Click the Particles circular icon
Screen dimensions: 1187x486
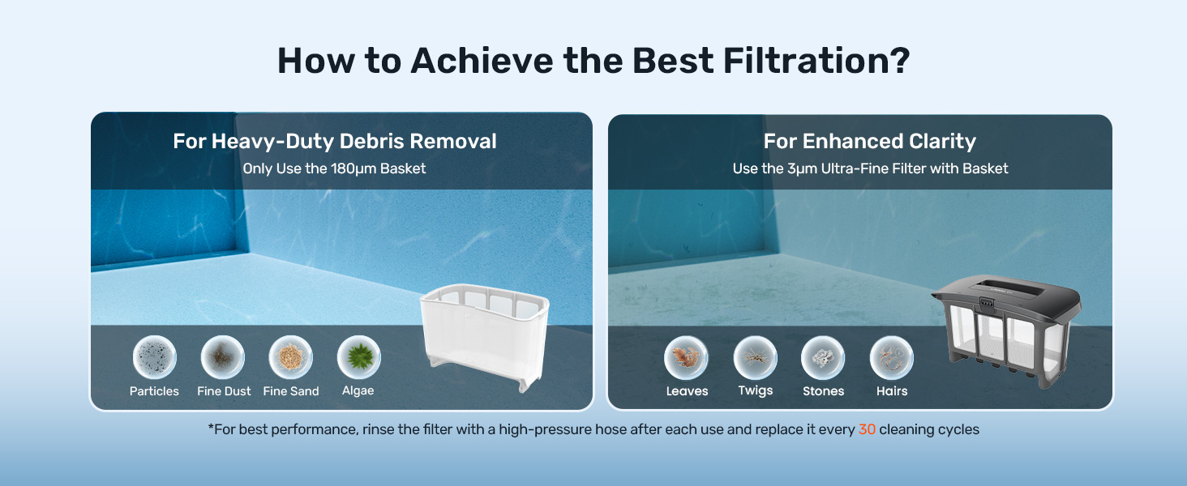pos(154,357)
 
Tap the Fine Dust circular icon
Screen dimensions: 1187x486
pos(222,357)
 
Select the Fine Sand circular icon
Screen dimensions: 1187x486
pos(290,357)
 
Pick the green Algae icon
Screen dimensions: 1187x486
pos(358,357)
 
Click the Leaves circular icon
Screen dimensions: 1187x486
pos(686,357)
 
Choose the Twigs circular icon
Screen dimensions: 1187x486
pos(755,357)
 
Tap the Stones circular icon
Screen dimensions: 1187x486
pos(823,357)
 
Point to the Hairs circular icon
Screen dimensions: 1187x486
pos(892,357)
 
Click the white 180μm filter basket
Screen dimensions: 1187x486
pos(484,337)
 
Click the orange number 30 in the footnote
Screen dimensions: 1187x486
pos(867,429)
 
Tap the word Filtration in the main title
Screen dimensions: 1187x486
pos(816,61)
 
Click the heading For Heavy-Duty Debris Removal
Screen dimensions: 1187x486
pos(335,142)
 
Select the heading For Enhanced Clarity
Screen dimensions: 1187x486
pos(870,142)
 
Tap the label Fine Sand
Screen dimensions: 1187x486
pos(291,391)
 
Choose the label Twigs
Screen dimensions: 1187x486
pos(756,390)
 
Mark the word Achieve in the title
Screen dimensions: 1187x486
pos(482,61)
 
